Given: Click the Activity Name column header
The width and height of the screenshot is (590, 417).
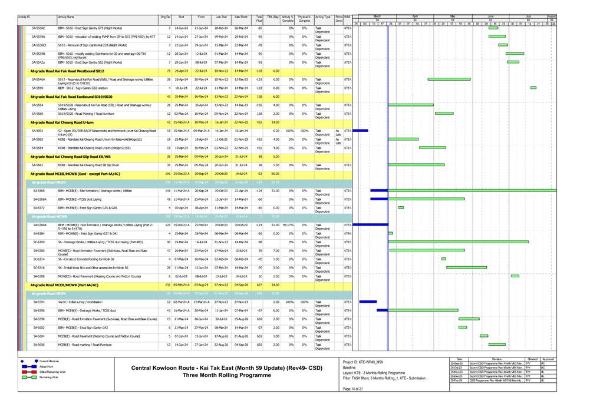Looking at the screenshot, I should tap(66, 18).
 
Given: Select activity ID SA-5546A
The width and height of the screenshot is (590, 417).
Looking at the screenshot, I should tap(39, 79).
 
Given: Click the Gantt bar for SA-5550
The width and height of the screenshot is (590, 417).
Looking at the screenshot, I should tap(533, 88).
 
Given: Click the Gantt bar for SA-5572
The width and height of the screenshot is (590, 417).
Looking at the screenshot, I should tap(401, 208).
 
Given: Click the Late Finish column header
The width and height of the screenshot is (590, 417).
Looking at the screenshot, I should tap(240, 18).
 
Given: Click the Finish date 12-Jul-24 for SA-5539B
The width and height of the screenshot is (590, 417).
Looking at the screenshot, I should tap(201, 54).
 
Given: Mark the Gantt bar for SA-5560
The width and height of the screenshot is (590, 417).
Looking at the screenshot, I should tap(444, 114).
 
